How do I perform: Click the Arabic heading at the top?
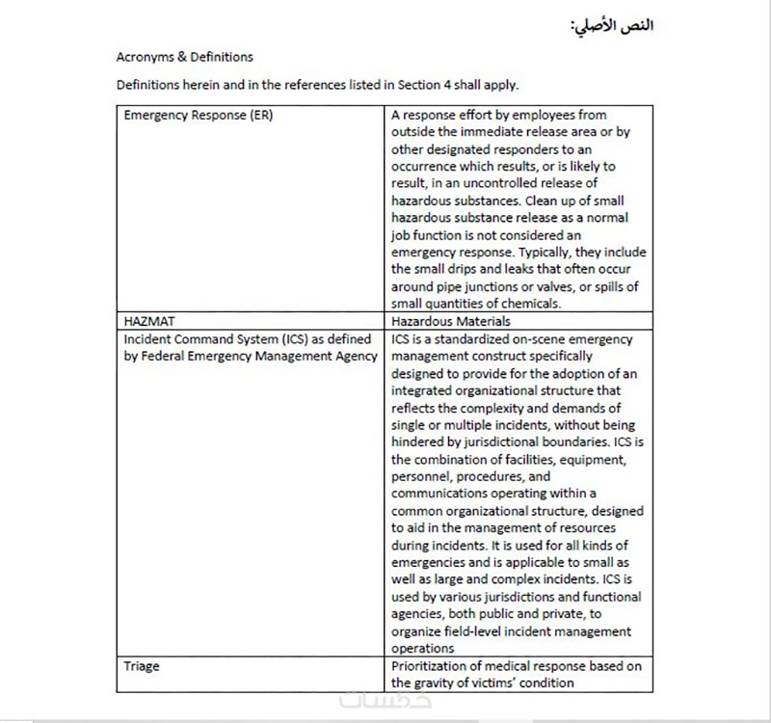click(x=612, y=24)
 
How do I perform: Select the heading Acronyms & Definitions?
click(x=184, y=57)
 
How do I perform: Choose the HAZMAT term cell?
click(x=150, y=321)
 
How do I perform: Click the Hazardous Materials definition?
click(x=451, y=321)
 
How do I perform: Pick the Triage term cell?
click(x=142, y=666)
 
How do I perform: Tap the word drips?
click(x=469, y=270)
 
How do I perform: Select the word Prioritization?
click(x=429, y=666)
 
